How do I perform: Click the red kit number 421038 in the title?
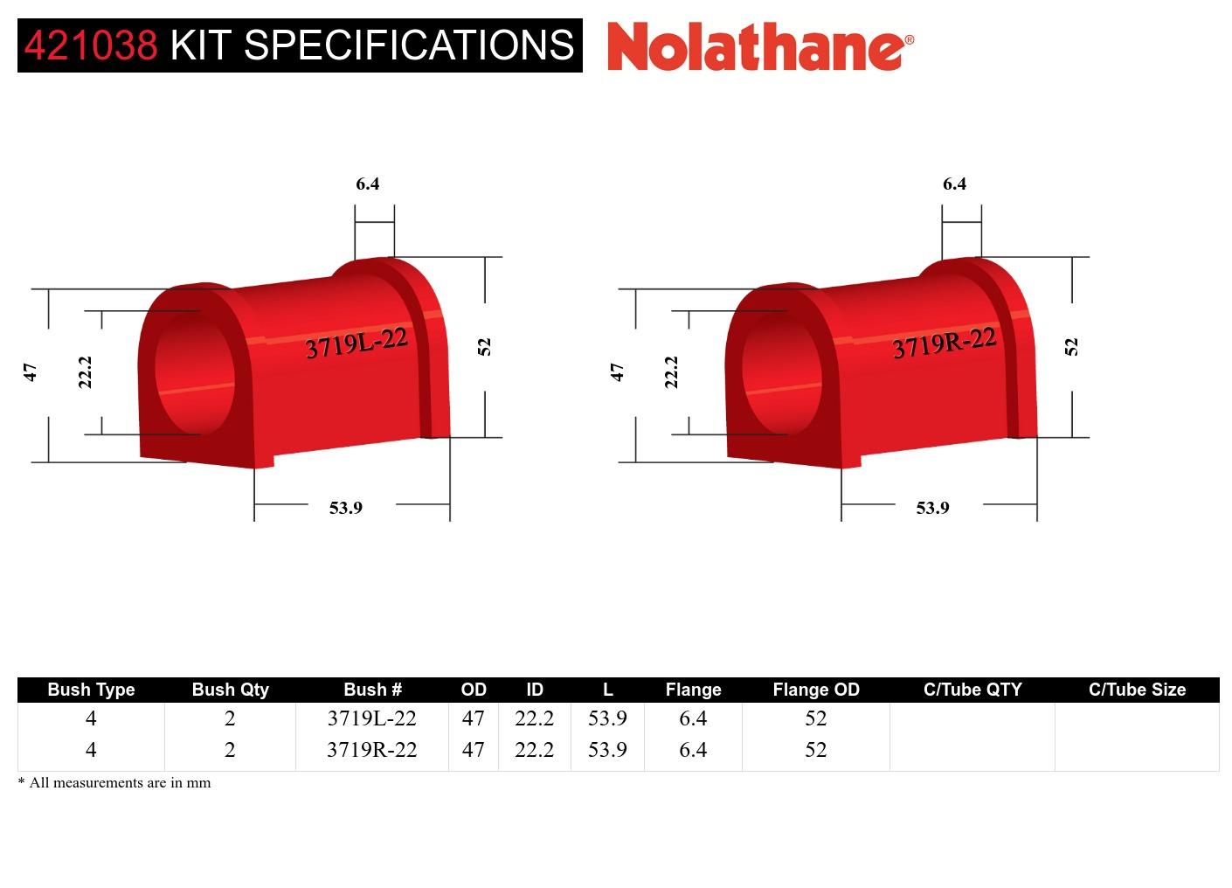91,45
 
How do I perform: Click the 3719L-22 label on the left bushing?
356,343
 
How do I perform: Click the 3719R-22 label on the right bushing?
944,343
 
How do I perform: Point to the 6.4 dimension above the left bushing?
368,184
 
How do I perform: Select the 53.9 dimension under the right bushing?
932,508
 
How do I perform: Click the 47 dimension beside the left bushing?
31,372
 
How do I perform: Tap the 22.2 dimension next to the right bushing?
671,372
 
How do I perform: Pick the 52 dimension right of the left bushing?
485,347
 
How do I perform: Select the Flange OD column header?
815,690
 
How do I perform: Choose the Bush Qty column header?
230,690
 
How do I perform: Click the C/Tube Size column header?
1137,690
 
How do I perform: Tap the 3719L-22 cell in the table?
371,718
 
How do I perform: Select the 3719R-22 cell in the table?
371,750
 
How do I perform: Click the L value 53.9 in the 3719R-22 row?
607,750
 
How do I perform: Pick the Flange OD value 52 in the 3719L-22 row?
815,718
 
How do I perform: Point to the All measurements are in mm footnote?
114,783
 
